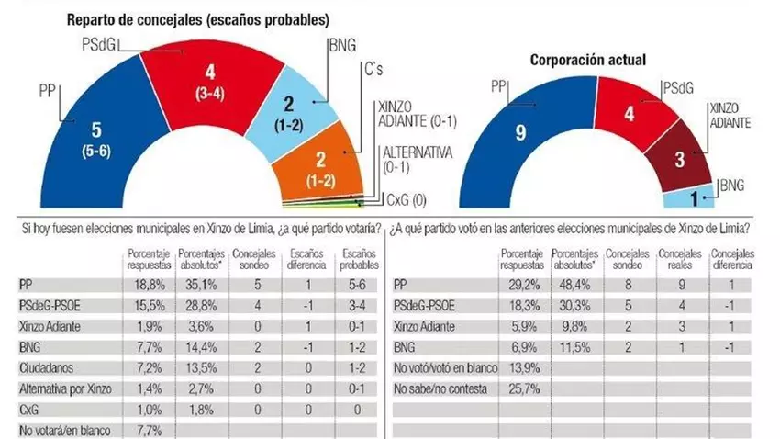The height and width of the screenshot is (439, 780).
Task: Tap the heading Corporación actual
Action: [588, 60]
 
